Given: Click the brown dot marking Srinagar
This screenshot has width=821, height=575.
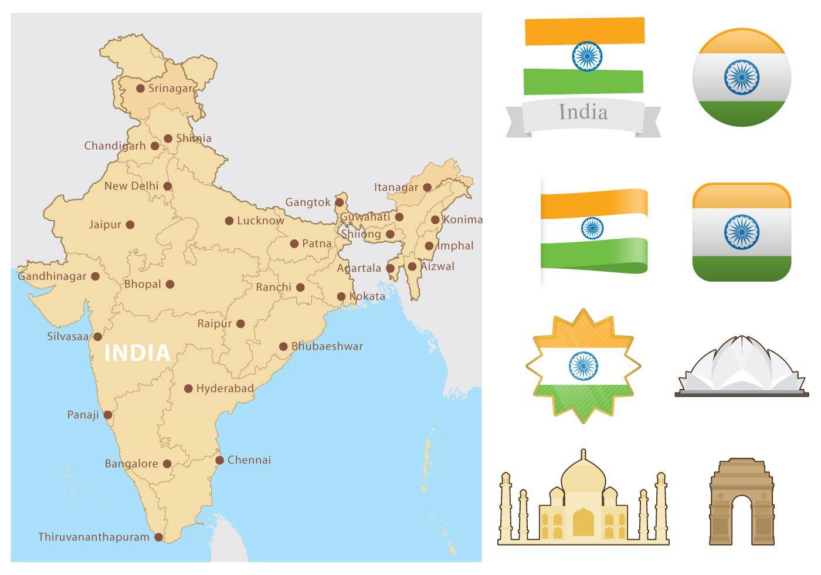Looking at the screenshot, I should (x=140, y=89).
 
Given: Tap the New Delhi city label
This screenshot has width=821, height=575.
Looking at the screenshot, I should (x=131, y=186).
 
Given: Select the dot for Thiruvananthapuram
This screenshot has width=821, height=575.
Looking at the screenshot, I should (x=158, y=537).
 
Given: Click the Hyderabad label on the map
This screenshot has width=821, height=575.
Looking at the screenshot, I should (x=225, y=388).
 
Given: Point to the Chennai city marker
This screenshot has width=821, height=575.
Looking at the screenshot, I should (x=219, y=460).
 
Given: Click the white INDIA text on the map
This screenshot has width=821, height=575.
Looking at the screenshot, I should (x=137, y=353).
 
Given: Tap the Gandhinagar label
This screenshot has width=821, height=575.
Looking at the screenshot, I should (x=52, y=276).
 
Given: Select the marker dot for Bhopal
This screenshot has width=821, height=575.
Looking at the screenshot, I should (x=169, y=284).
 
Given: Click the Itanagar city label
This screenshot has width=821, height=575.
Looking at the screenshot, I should (x=396, y=188).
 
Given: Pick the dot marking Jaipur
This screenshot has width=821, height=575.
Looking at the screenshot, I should (x=130, y=224).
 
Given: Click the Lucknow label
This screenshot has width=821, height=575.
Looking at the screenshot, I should (x=260, y=221).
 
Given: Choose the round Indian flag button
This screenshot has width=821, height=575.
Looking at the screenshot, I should (x=741, y=77).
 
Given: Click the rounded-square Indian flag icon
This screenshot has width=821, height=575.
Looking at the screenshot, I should (x=741, y=232).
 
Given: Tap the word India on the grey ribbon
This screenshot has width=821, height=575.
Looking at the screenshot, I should (x=583, y=111).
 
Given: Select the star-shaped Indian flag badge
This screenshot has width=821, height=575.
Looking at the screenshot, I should (x=583, y=365).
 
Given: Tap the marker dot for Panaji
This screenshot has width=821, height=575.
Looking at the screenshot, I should (x=108, y=415).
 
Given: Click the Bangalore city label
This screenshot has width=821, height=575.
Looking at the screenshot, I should (x=131, y=464).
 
